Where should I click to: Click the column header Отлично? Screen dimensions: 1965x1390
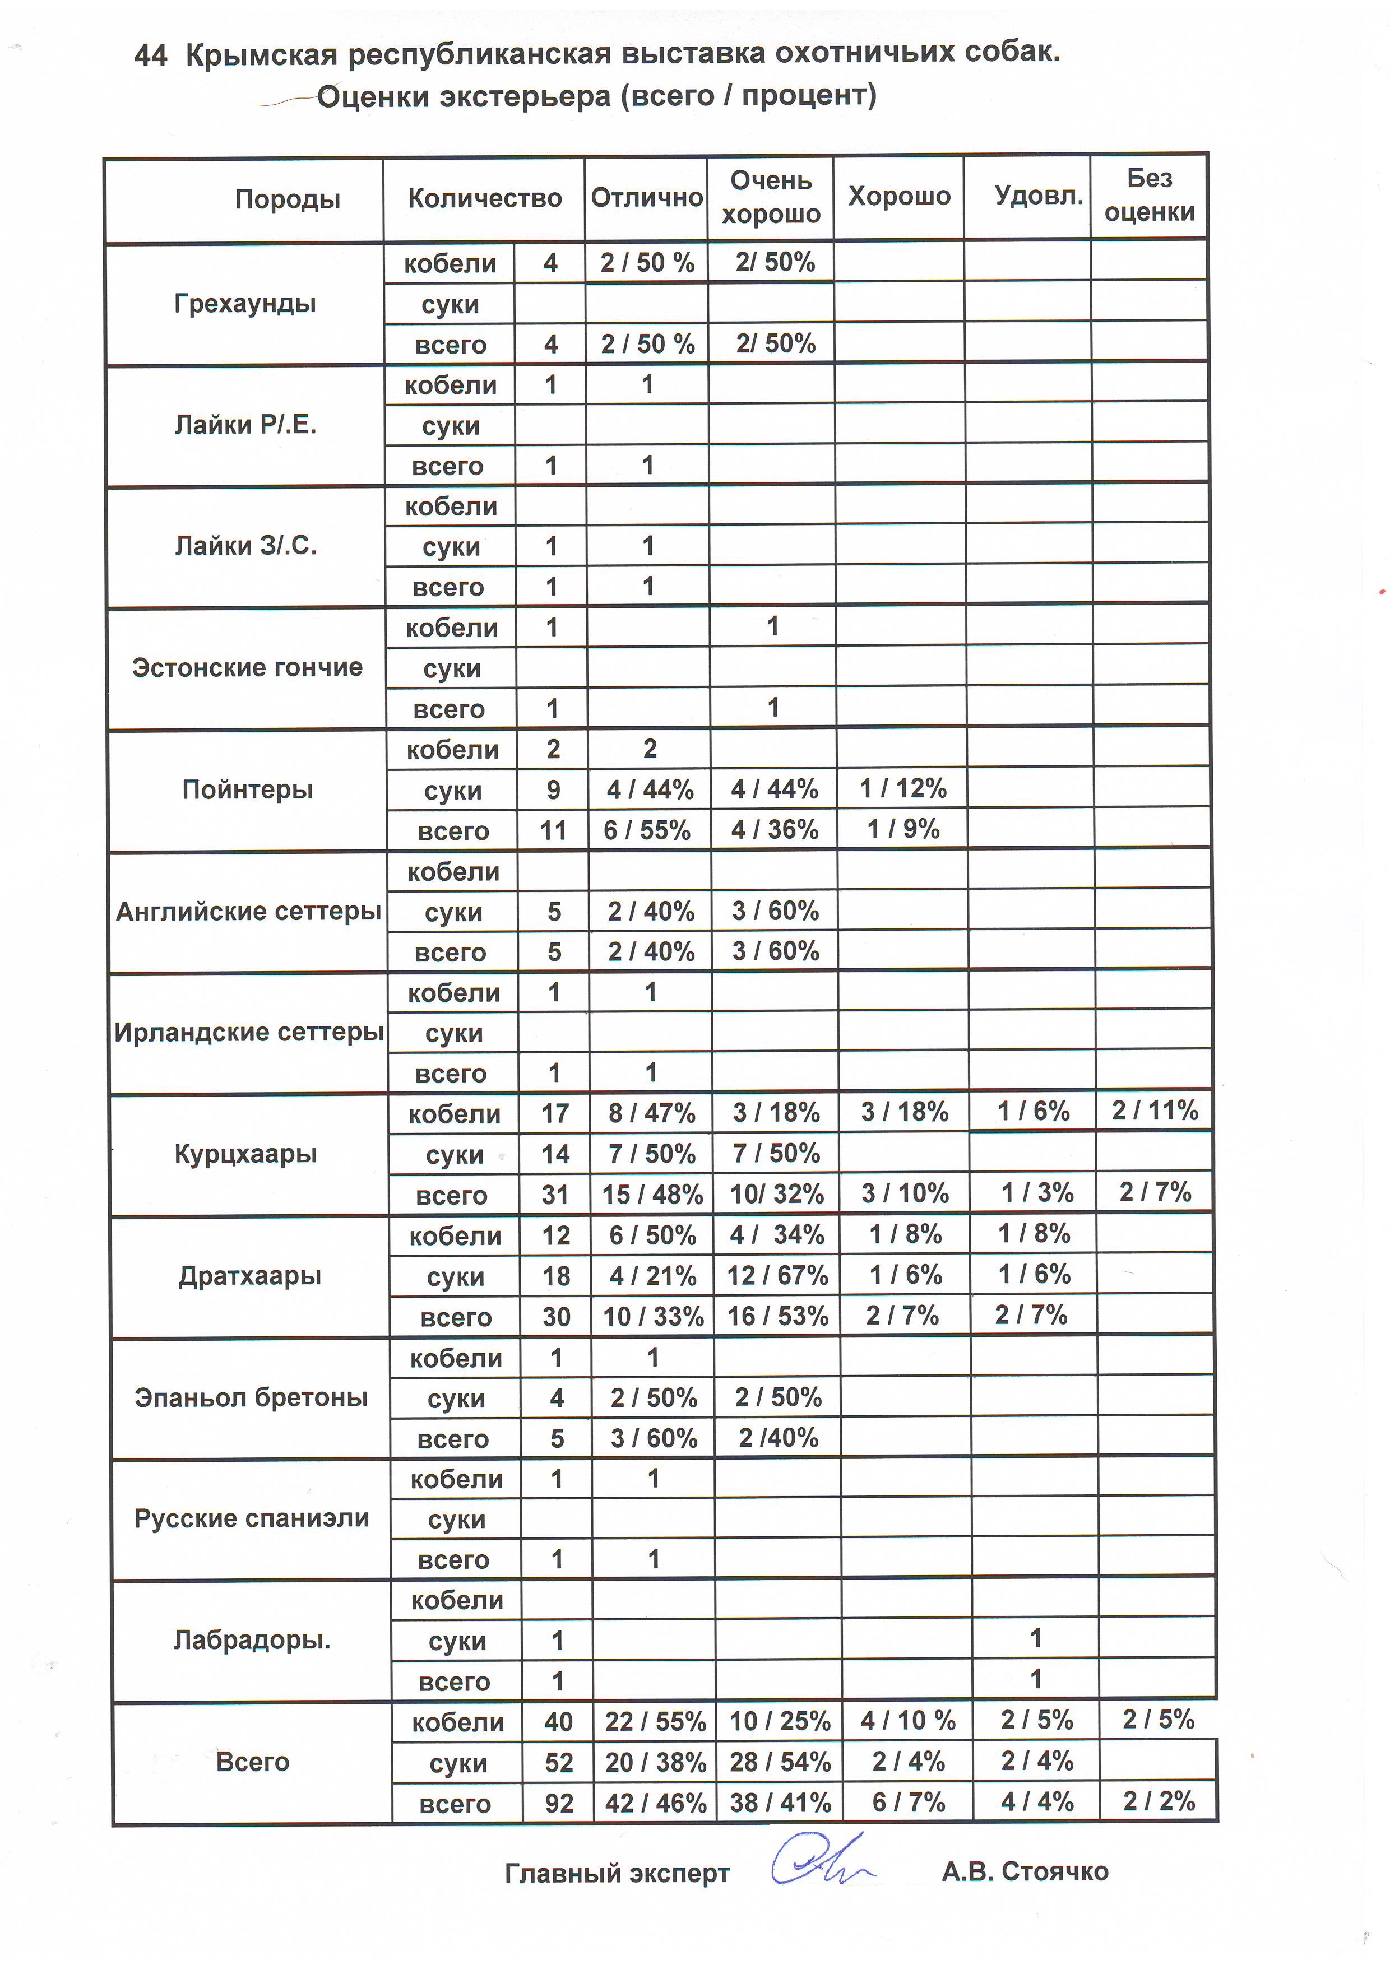coord(646,198)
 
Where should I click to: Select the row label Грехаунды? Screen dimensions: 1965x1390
coord(245,304)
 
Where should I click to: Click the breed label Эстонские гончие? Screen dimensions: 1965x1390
coord(247,667)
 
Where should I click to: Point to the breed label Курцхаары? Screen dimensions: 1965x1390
coord(247,1154)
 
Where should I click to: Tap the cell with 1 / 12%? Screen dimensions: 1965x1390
coord(903,788)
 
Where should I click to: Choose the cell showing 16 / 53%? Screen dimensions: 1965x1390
coord(777,1316)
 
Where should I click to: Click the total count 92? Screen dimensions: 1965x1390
coord(559,1803)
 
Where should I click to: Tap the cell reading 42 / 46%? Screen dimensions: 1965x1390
coord(656,1803)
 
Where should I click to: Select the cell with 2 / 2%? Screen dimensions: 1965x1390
coord(1159,1801)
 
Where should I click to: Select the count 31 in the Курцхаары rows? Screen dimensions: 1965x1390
coord(555,1195)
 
